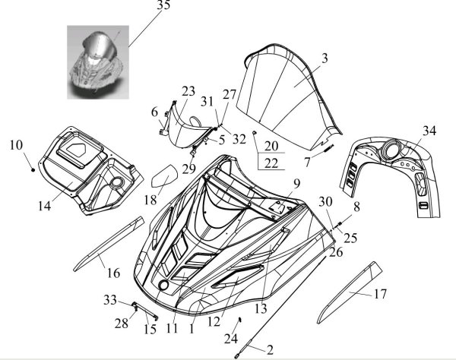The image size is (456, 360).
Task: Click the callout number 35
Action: pyautogui.click(x=163, y=6)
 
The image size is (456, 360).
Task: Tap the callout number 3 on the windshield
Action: pyautogui.click(x=325, y=58)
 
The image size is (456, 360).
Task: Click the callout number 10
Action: pyautogui.click(x=16, y=143)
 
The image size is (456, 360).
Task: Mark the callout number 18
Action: pyautogui.click(x=150, y=201)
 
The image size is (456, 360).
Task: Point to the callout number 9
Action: pyautogui.click(x=297, y=183)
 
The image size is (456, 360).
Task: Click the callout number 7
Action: pyautogui.click(x=307, y=162)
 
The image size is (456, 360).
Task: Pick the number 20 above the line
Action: pyautogui.click(x=271, y=145)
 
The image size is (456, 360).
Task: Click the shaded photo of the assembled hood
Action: pyautogui.click(x=95, y=65)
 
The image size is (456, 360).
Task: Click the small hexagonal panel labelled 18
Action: pyautogui.click(x=163, y=179)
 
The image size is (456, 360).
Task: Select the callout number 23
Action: pyautogui.click(x=189, y=92)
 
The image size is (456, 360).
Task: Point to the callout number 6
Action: pyautogui.click(x=155, y=112)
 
